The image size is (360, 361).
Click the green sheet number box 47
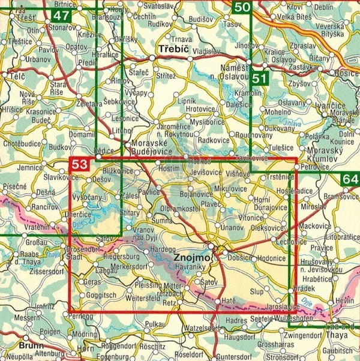coord(61,16)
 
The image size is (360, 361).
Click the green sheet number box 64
coord(350,180)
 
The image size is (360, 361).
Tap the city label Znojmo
coord(191,258)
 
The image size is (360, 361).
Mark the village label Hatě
coord(229,299)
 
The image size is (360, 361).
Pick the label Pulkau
coord(155,324)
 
